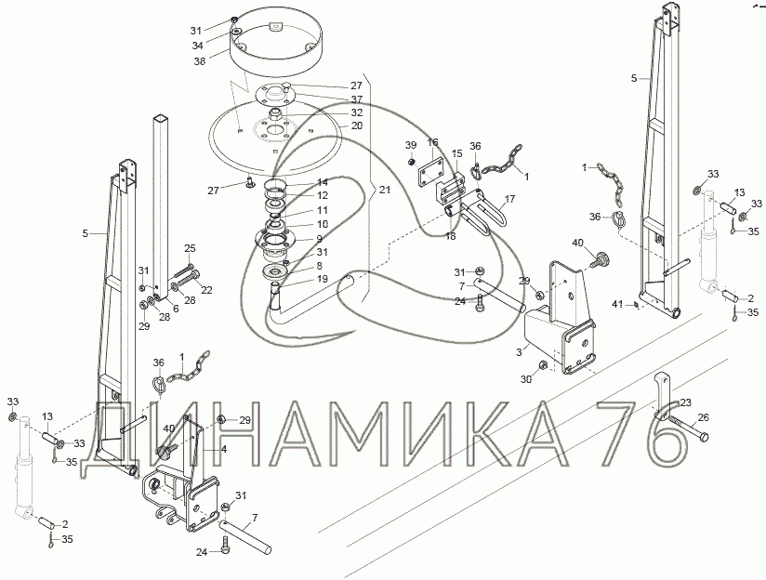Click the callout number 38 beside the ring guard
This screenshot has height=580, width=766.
pyautogui.click(x=199, y=61)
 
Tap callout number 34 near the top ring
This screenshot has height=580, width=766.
pyautogui.click(x=197, y=46)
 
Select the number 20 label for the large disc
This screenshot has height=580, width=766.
pyautogui.click(x=357, y=125)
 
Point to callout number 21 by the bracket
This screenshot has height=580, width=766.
pyautogui.click(x=385, y=190)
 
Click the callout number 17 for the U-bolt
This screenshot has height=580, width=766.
pyautogui.click(x=509, y=199)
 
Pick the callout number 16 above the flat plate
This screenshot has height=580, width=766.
pyautogui.click(x=433, y=142)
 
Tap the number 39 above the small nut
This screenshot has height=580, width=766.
pyautogui.click(x=411, y=145)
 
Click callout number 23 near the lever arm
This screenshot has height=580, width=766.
pyautogui.click(x=685, y=402)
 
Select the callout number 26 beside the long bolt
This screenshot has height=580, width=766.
pyautogui.click(x=703, y=417)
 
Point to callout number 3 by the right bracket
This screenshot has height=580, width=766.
pyautogui.click(x=520, y=352)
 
